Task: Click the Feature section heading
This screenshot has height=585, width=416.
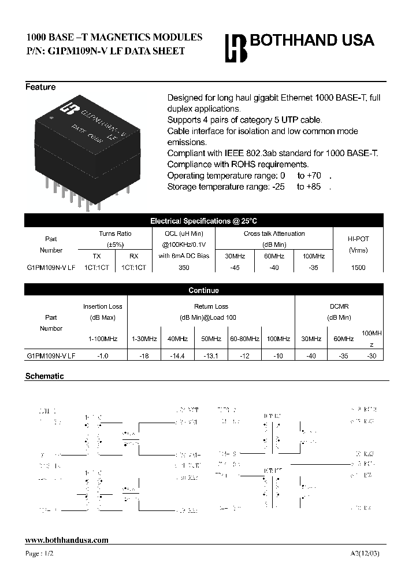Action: (40, 87)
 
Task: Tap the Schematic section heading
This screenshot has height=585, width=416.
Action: (44, 376)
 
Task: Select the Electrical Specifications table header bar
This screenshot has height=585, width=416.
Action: (203, 221)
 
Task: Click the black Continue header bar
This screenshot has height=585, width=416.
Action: (203, 290)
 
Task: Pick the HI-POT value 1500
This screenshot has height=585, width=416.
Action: (358, 268)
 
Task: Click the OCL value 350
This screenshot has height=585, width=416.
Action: (184, 268)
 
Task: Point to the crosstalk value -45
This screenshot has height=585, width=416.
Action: (234, 268)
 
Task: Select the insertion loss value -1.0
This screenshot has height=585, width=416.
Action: (102, 356)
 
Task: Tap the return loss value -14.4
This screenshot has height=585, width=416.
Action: (176, 356)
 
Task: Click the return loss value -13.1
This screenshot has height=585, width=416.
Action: (211, 356)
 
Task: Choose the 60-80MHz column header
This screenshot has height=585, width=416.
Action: (244, 339)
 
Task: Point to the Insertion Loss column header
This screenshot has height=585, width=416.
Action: (102, 306)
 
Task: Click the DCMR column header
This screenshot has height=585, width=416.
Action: (339, 306)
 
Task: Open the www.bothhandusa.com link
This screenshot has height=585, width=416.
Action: (67, 540)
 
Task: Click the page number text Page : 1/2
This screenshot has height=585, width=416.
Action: (40, 553)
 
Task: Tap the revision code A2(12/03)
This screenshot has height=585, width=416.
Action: (365, 553)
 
